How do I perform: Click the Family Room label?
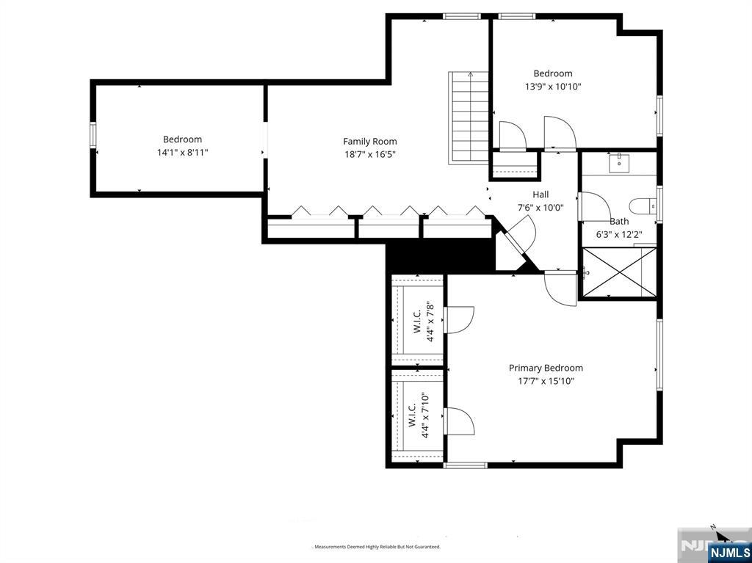[369, 142]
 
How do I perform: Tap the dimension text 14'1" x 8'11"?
[182, 153]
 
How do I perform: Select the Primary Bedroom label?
[546, 368]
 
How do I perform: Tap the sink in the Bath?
[619, 161]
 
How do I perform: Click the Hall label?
[540, 195]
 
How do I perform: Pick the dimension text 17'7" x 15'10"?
[546, 381]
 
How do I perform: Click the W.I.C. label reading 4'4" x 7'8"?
[423, 323]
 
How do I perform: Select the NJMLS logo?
[728, 552]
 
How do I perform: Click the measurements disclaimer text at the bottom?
[376, 547]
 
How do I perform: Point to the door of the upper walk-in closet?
[460, 319]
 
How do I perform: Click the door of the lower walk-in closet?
[460, 421]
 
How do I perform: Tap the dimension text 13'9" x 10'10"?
[552, 87]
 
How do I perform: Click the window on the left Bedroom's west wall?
[93, 135]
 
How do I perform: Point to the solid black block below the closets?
[438, 258]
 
